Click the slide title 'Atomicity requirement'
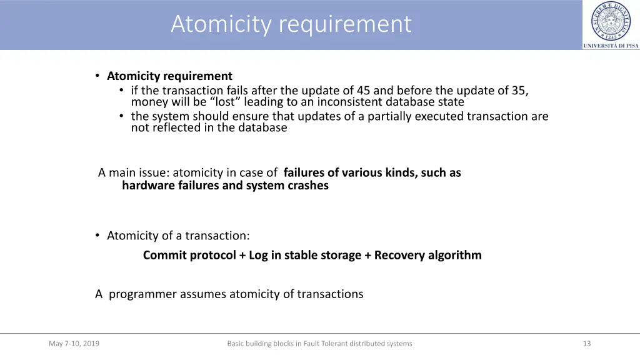(291, 24)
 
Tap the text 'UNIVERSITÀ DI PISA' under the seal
(611, 46)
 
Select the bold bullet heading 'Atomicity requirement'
(169, 76)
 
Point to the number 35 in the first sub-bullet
(518, 91)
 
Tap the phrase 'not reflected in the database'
(209, 127)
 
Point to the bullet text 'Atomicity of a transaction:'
(178, 236)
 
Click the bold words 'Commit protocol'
(189, 255)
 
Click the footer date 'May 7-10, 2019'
(74, 343)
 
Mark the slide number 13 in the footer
(586, 343)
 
